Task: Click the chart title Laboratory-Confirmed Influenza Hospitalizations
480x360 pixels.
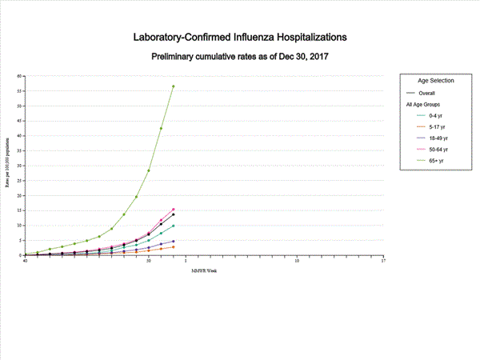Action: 241,37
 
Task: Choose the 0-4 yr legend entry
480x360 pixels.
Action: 438,116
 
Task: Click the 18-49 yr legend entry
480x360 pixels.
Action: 439,138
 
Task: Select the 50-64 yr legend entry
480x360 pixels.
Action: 439,149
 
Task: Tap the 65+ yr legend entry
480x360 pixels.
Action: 438,160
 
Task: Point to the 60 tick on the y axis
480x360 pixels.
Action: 21,76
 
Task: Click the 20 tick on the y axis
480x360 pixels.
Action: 21,195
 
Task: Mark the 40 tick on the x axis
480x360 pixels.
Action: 26,260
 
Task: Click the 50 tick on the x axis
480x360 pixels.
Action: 149,260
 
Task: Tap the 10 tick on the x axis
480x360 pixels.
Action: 297,260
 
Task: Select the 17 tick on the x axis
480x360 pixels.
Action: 383,260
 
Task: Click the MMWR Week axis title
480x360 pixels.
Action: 204,270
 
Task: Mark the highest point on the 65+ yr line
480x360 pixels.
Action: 174,86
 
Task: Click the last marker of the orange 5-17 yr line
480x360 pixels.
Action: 174,246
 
